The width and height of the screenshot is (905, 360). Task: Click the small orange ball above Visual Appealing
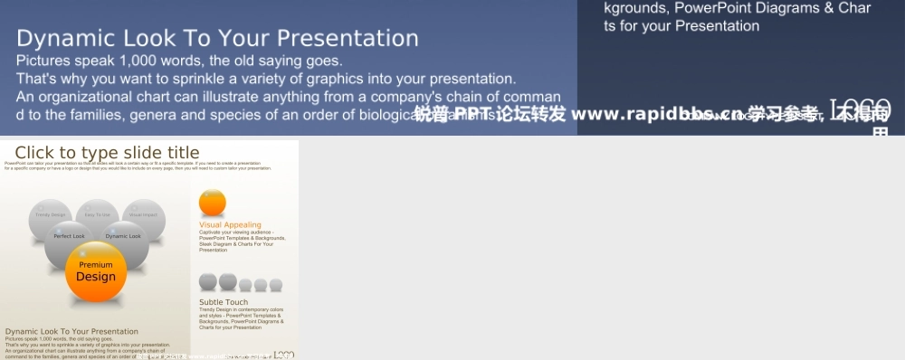(x=212, y=203)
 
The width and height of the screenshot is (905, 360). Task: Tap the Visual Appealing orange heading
(x=230, y=224)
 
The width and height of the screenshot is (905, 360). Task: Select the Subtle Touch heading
(x=224, y=302)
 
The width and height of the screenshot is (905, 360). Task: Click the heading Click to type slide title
(x=107, y=153)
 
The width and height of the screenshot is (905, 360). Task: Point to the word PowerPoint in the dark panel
(x=714, y=8)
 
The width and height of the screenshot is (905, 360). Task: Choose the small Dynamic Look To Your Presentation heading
(x=71, y=332)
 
